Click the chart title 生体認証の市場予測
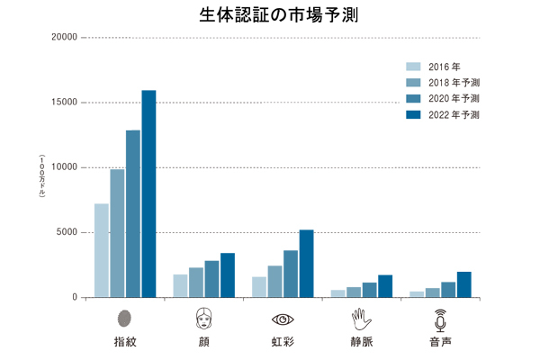point(271,15)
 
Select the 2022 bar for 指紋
point(148,193)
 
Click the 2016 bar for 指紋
point(102,250)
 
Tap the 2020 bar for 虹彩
point(291,274)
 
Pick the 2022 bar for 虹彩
point(306,264)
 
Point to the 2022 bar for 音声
point(463,284)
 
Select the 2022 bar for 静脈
point(385,286)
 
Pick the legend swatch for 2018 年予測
point(414,83)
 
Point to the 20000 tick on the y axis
point(65,38)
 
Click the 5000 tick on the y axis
point(67,232)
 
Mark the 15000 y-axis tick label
point(65,103)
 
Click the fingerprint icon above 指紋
point(125,319)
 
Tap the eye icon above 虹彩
point(283,319)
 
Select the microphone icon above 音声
point(440,319)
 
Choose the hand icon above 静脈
point(361,319)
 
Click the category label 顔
point(203,342)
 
